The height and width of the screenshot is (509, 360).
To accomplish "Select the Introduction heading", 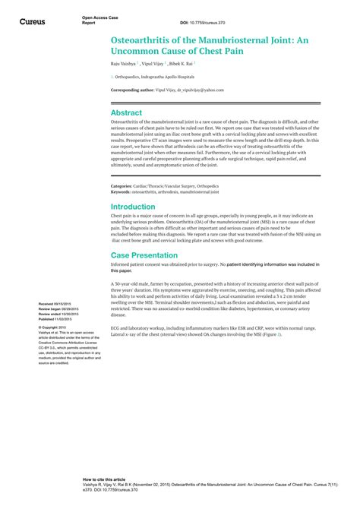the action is [x=133, y=206].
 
